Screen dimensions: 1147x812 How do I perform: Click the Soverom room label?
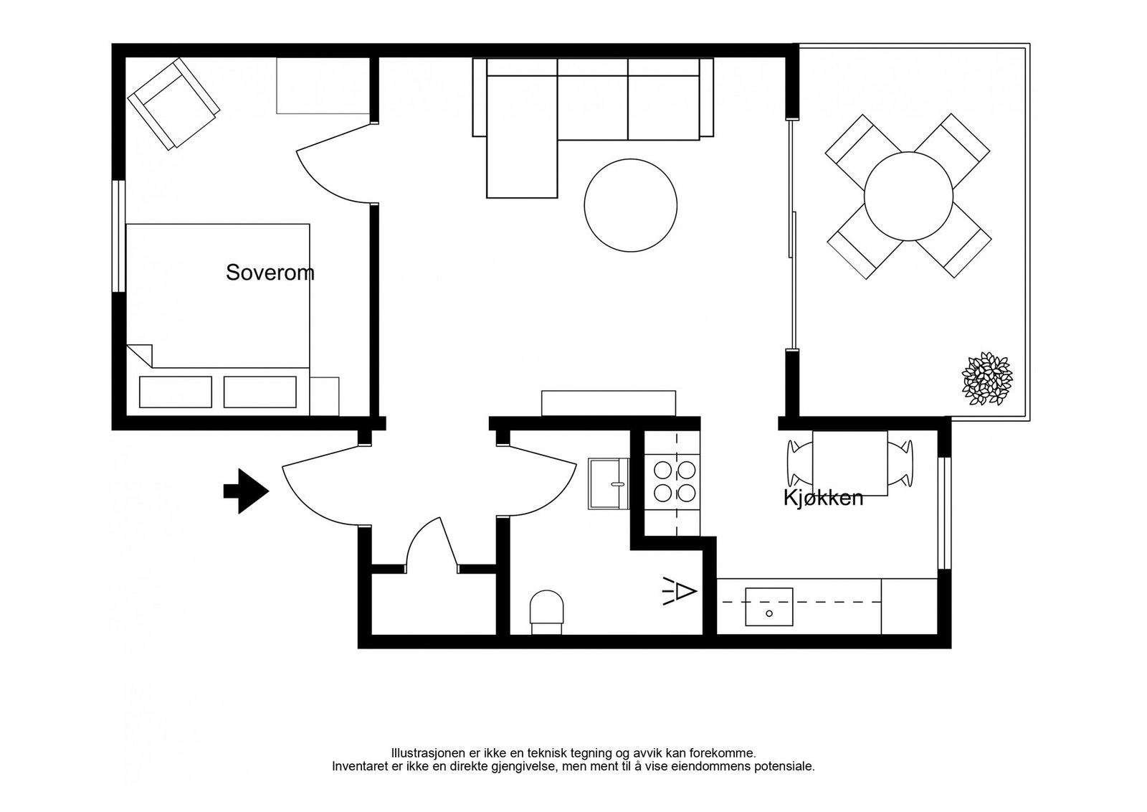coord(270,273)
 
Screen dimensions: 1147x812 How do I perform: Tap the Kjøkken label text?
coord(823,497)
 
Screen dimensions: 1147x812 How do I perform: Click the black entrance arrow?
coord(247,491)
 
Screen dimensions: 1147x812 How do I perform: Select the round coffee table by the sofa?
coord(630,205)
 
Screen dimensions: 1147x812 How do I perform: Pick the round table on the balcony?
coord(908,197)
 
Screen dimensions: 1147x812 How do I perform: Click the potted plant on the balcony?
coord(986,379)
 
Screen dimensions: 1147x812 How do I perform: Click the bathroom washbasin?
coord(609,483)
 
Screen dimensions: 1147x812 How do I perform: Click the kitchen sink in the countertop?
coord(768,607)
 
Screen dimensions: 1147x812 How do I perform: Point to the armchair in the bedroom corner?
coord(173,103)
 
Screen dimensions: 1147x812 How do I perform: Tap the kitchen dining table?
coord(850,463)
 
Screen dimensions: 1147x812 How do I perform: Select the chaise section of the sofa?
coord(522,136)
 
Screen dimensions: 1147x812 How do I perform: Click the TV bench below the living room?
coord(609,403)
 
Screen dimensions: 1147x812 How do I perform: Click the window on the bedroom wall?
coord(119,236)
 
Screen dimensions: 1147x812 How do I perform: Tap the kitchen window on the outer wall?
coord(945,513)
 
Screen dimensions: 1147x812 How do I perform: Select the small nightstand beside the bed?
coord(324,396)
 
